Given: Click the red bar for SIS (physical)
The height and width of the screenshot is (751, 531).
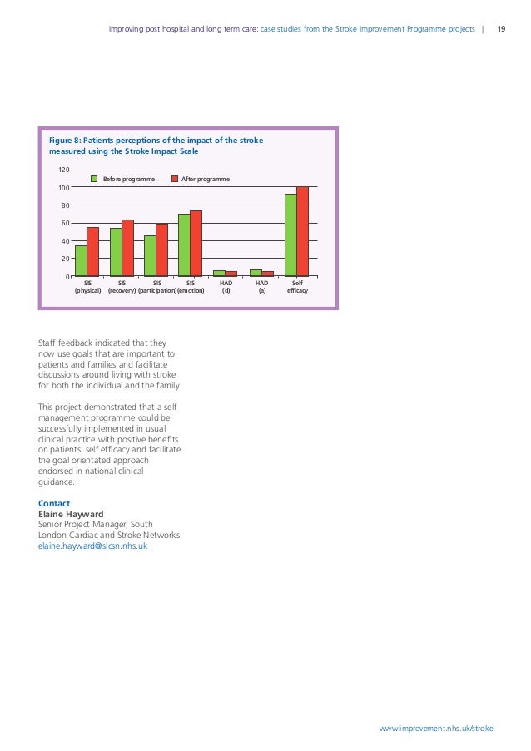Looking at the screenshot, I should pyautogui.click(x=92, y=251).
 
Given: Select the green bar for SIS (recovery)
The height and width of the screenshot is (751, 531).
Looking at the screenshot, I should pyautogui.click(x=116, y=252).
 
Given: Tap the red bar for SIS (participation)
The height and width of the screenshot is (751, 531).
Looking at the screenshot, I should pyautogui.click(x=161, y=250).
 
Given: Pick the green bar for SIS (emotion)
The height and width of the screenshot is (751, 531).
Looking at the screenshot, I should pyautogui.click(x=184, y=245).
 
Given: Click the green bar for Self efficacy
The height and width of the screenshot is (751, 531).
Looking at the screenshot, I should pyautogui.click(x=290, y=235).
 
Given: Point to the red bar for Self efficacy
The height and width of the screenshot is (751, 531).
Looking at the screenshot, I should pyautogui.click(x=302, y=231).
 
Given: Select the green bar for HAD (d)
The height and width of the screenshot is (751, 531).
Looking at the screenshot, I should pyautogui.click(x=219, y=273).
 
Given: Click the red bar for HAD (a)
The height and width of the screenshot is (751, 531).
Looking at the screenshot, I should pyautogui.click(x=267, y=274).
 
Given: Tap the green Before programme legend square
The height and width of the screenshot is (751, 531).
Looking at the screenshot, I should pyautogui.click(x=94, y=179).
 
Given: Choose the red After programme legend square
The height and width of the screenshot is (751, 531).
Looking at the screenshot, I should pyautogui.click(x=174, y=179).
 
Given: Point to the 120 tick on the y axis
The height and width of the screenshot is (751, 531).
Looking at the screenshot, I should pyautogui.click(x=62, y=170).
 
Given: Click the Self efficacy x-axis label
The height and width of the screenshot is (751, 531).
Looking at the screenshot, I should pyautogui.click(x=297, y=287).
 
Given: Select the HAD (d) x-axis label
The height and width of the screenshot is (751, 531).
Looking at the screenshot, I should pyautogui.click(x=225, y=287).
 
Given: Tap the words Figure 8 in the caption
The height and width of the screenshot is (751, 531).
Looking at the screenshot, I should pyautogui.click(x=67, y=141).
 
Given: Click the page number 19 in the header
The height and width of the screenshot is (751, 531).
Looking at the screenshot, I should pyautogui.click(x=501, y=29).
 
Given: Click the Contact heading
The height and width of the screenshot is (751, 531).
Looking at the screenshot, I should pyautogui.click(x=54, y=504).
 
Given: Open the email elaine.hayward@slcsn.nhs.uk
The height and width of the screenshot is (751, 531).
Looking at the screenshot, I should pyautogui.click(x=92, y=546).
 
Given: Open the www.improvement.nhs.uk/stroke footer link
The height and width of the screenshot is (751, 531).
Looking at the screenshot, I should pyautogui.click(x=435, y=728).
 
